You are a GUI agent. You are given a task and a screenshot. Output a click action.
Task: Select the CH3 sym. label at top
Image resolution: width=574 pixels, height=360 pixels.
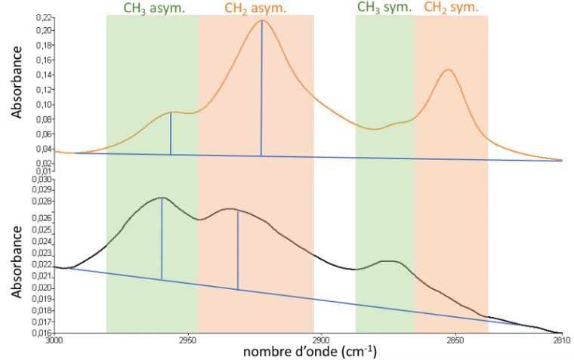(x=384, y=8)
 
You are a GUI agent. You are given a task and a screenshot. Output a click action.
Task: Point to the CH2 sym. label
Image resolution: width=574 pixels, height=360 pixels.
(x=451, y=8)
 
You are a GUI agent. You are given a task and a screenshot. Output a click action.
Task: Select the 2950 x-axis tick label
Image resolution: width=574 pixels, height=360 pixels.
(x=189, y=340)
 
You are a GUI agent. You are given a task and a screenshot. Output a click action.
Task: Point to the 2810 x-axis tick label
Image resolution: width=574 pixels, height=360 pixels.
(x=560, y=340)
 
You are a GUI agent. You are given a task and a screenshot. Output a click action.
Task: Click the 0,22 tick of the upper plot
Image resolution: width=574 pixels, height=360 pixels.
(x=44, y=17)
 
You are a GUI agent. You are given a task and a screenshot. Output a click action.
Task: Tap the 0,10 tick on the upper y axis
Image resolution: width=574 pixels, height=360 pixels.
(x=44, y=104)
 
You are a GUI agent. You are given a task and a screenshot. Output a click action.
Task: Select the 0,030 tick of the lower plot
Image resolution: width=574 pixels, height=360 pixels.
(x=42, y=180)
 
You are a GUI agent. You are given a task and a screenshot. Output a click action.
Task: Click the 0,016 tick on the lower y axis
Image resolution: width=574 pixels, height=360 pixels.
(x=42, y=333)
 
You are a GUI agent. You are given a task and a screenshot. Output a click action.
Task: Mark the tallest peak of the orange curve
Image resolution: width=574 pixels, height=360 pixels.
(x=261, y=20)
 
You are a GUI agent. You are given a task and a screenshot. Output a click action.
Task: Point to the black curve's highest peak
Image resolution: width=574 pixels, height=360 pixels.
(x=162, y=198)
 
